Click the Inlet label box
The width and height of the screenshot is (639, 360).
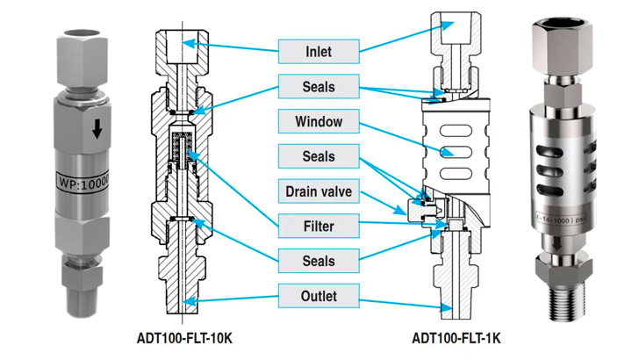[319, 51]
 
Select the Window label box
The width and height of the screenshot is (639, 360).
[319, 121]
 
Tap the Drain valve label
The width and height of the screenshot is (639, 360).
[319, 191]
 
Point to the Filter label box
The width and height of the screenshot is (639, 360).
[319, 227]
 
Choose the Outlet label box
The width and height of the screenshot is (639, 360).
[319, 296]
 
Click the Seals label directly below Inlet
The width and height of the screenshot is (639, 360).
[319, 87]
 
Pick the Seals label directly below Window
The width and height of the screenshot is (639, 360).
[319, 156]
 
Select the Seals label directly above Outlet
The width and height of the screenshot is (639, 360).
[319, 261]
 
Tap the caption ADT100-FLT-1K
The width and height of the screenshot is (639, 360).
[456, 338]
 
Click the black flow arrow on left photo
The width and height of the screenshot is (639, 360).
[97, 131]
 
